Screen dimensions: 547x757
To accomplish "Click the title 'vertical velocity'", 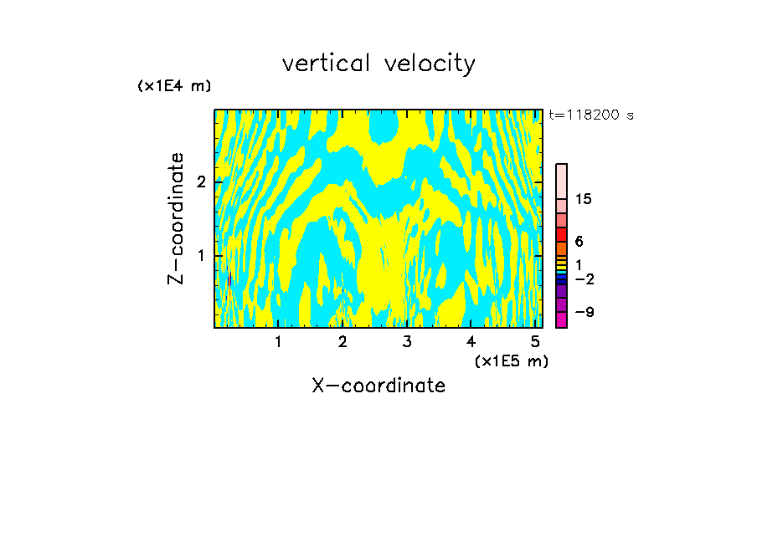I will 378,64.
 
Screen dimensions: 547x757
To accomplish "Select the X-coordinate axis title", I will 378,386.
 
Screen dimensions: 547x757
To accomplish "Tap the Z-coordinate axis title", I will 176,218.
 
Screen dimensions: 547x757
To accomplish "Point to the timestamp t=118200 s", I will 591,115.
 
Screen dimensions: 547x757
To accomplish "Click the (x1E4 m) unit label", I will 174,86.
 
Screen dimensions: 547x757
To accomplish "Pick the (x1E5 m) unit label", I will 511,360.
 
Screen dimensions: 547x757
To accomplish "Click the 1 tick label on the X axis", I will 278,342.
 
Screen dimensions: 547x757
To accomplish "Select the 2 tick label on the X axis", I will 342,342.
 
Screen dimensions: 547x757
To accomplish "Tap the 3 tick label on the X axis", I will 407,342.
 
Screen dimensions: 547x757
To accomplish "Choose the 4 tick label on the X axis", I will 471,342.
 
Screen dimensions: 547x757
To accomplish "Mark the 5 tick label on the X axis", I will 535,342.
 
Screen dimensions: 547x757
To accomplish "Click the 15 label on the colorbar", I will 584,200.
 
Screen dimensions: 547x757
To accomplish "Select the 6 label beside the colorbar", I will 579,242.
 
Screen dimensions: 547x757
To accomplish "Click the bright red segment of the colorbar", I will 561,235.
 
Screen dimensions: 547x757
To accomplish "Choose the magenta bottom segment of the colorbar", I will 561,320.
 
